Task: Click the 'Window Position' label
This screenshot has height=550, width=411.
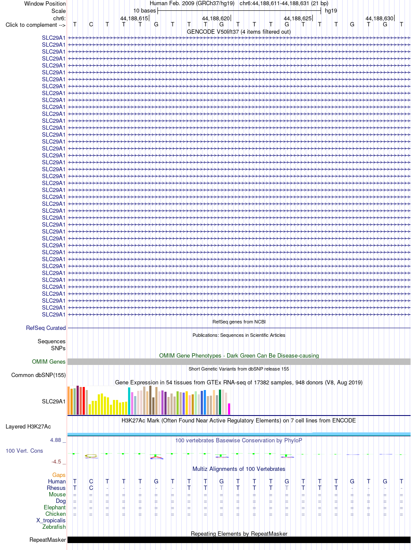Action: click(45, 4)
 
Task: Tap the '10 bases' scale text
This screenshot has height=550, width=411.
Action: click(144, 11)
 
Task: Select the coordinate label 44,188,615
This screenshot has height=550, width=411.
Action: click(134, 18)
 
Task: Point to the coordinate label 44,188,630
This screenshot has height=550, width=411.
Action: click(379, 18)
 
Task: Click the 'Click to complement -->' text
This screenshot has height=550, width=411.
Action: click(35, 25)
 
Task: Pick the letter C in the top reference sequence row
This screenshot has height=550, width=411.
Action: click(91, 25)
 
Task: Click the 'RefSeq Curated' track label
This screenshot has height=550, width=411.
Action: click(46, 328)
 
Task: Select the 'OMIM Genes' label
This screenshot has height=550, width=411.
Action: click(48, 361)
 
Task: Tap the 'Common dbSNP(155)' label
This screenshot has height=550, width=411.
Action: click(39, 375)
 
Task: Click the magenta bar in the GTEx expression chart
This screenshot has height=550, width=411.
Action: click(229, 409)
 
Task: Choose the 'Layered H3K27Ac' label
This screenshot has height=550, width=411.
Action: click(28, 426)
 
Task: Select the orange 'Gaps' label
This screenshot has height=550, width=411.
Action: click(59, 475)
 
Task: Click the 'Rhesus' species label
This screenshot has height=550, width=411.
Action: click(56, 488)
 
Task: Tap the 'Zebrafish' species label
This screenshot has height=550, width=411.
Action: click(54, 527)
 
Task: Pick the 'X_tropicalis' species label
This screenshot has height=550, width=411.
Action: click(51, 521)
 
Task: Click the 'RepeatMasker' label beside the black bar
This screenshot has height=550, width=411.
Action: click(48, 540)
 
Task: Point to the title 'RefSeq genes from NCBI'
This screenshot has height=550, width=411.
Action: click(239, 322)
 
